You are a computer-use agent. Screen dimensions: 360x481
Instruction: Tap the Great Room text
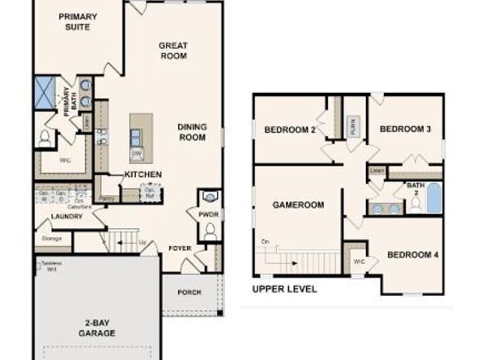point(172,51)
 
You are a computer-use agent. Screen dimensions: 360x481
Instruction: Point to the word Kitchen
point(143,175)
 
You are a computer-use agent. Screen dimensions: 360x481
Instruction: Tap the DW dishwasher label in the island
point(137,153)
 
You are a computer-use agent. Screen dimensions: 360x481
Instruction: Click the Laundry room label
point(62,217)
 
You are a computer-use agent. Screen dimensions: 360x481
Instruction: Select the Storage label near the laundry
point(51,239)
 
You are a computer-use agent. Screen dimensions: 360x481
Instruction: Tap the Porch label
point(189,292)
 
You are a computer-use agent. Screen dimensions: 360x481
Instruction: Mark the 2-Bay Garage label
point(96,328)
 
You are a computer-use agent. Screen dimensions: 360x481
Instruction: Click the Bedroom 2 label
point(289,129)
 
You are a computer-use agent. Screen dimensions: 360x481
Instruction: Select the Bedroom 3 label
point(405,129)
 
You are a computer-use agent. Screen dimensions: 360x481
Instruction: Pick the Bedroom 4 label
point(412,255)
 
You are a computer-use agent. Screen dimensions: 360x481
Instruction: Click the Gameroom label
point(298,205)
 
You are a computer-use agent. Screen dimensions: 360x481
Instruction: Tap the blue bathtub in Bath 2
point(435,198)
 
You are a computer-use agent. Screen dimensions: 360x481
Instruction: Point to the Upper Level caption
point(284,289)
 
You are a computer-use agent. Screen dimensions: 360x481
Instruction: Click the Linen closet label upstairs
point(377,171)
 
